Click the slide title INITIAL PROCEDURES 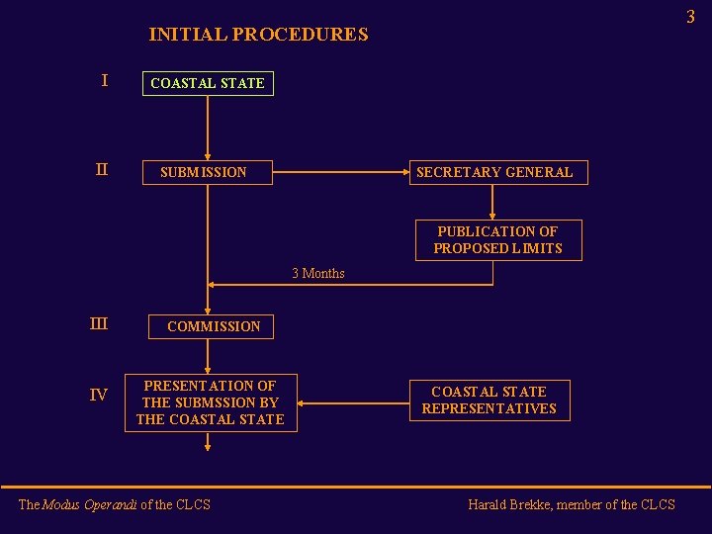click(x=258, y=35)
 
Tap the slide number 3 click(x=690, y=17)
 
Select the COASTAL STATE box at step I click(x=208, y=83)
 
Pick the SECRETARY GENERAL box click(x=494, y=172)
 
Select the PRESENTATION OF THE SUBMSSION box click(x=210, y=402)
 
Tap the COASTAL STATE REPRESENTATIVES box click(x=489, y=400)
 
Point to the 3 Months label click(x=318, y=274)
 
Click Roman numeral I click(x=104, y=81)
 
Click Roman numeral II click(x=101, y=170)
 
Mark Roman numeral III click(x=99, y=323)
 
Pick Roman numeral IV click(x=99, y=396)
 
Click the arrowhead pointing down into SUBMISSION click(x=208, y=155)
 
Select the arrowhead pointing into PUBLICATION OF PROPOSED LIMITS click(x=492, y=215)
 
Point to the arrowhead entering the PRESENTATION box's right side click(x=303, y=403)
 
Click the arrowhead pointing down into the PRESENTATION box click(x=208, y=369)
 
